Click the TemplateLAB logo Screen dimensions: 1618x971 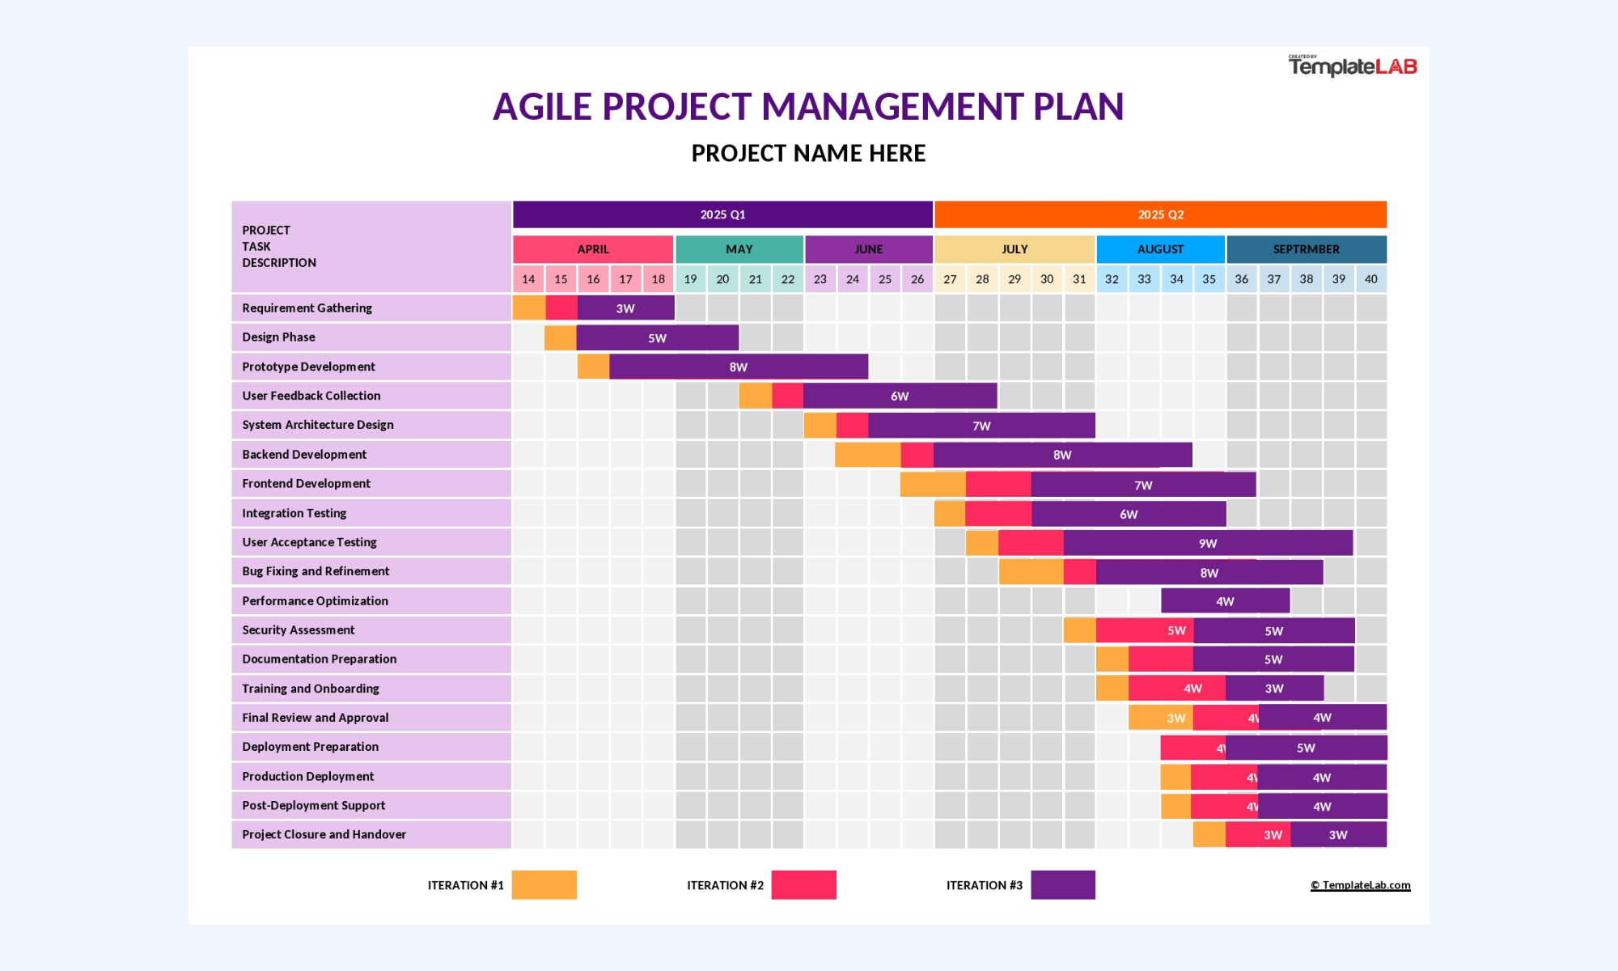tap(1353, 66)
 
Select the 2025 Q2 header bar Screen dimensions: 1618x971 tap(1160, 214)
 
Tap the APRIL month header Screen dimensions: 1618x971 tap(593, 249)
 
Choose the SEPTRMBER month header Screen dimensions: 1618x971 tap(1307, 249)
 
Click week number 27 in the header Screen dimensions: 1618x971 tap(950, 279)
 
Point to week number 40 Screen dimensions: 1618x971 tap(1371, 279)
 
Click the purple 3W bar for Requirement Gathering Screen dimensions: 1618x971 tap(625, 308)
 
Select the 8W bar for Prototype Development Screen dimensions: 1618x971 tap(739, 367)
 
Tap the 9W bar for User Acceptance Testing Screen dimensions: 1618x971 tap(1208, 543)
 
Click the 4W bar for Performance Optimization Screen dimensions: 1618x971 tap(1225, 601)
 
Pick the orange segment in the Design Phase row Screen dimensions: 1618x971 tap(561, 337)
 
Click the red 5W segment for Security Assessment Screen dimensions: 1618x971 tap(1145, 630)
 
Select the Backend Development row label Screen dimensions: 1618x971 tap(304, 455)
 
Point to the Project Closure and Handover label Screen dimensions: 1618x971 tap(324, 834)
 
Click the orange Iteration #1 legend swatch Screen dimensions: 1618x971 tap(544, 885)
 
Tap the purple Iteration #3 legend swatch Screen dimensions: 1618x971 tap(1063, 885)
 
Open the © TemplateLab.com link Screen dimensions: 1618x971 tap(1361, 885)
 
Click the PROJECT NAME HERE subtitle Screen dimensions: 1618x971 tap(808, 153)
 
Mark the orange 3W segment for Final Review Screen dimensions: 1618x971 tap(1161, 718)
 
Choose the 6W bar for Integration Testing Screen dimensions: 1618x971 tap(1129, 514)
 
